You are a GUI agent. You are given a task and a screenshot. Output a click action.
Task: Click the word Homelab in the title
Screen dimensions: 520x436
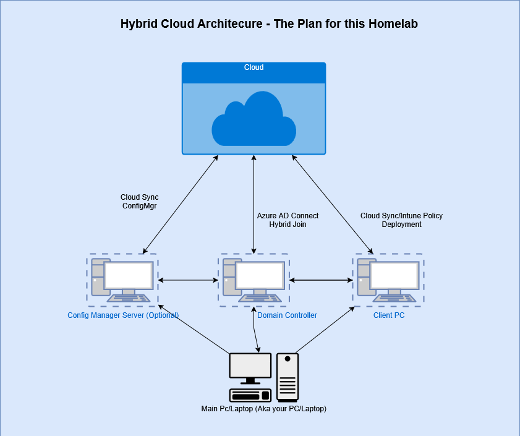coord(393,24)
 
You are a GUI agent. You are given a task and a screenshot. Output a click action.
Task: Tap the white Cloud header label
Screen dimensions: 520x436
coord(254,67)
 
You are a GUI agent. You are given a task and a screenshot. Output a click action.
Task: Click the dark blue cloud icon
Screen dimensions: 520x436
coord(254,119)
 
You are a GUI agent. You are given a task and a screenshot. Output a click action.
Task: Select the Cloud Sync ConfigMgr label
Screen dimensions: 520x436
coord(139,202)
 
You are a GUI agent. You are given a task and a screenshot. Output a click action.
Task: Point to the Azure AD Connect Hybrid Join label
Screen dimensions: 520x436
coord(288,220)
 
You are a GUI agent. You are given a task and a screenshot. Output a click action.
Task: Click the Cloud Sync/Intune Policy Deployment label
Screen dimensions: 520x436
coord(401,220)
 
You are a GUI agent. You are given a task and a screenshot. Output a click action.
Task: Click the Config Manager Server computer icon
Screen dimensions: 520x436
coord(122,280)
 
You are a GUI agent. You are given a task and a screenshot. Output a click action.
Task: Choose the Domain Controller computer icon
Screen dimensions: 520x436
coord(254,280)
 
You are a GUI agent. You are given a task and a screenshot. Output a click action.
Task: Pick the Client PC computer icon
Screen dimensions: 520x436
coord(388,280)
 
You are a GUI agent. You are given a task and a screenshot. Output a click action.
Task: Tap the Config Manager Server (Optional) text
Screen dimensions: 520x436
coord(123,315)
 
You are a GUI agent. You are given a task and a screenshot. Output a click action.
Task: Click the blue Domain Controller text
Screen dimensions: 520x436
coord(287,315)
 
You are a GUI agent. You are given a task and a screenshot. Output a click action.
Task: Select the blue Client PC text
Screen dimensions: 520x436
coord(389,315)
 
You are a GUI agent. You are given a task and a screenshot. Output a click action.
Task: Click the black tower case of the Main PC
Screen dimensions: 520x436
coord(288,377)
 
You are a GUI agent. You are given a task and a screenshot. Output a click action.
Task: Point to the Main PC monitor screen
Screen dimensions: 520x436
coord(250,365)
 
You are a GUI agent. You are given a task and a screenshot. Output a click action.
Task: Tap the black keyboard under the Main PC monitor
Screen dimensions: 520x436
coord(250,395)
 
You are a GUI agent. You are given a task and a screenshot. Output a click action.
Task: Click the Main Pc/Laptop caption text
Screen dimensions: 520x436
coord(263,408)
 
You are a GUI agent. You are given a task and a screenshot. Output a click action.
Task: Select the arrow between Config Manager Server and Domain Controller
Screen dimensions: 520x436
coord(188,280)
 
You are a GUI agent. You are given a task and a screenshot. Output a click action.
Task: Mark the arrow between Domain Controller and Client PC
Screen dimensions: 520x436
coord(321,280)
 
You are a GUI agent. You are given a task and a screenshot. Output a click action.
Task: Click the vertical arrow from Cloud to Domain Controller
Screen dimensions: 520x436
coord(254,205)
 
